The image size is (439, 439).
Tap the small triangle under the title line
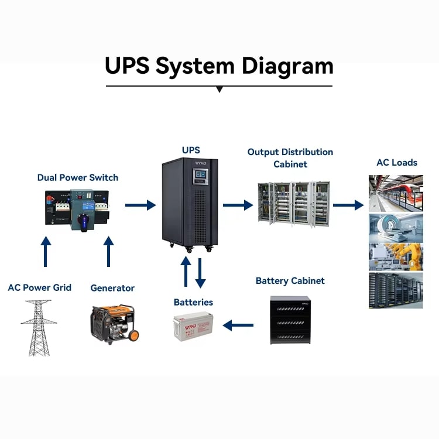pos(220,90)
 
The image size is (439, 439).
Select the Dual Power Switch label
pos(78,177)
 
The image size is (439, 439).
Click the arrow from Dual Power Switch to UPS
pos(140,205)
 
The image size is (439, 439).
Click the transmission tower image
pos(39,327)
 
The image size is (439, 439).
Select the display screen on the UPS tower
pos(199,175)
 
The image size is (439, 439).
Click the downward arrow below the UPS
pos(200,272)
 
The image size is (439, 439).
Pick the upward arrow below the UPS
pos(186,272)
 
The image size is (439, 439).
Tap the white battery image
pos(196,327)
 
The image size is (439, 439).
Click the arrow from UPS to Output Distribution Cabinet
pos(238,205)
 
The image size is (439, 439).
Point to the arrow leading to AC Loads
pos(348,205)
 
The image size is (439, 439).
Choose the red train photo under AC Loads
pos(396,193)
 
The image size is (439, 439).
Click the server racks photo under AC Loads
pos(396,290)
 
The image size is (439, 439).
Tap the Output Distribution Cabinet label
pos(290,158)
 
